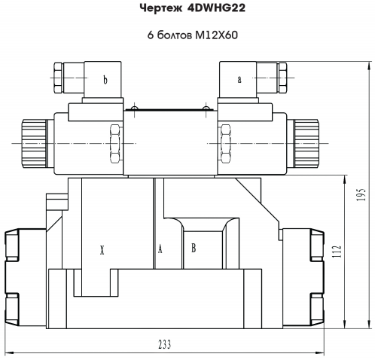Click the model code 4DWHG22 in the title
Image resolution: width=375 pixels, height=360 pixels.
(x=216, y=8)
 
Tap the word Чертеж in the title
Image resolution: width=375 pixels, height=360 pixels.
(x=161, y=8)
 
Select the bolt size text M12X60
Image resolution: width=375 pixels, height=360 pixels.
(x=216, y=35)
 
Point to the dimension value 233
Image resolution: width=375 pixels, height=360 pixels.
(x=165, y=344)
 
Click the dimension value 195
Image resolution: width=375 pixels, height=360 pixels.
(x=361, y=194)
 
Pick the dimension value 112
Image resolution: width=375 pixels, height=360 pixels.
(x=337, y=252)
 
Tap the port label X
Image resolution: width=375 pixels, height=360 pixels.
(x=102, y=250)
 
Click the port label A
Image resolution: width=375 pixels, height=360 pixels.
(x=160, y=249)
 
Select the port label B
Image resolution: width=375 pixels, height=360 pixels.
(x=194, y=248)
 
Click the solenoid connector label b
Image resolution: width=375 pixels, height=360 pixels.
(x=105, y=80)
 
